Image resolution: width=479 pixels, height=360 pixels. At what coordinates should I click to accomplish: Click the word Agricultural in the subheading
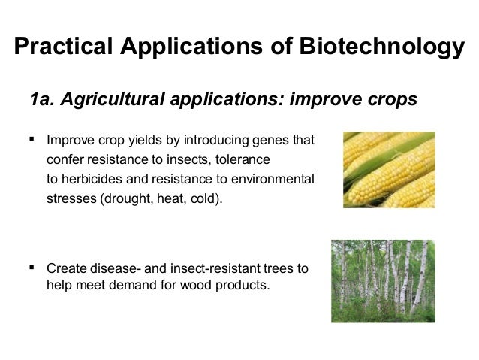pyautogui.click(x=110, y=100)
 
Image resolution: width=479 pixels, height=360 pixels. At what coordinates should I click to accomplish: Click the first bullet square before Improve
pyautogui.click(x=32, y=139)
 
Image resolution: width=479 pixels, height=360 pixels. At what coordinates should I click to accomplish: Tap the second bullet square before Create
pyautogui.click(x=32, y=266)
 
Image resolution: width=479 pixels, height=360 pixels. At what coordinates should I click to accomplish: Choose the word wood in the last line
pyautogui.click(x=194, y=285)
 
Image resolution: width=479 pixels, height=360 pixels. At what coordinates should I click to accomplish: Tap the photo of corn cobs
pyautogui.click(x=388, y=170)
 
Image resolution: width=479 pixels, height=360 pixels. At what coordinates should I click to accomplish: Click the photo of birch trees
pyautogui.click(x=383, y=280)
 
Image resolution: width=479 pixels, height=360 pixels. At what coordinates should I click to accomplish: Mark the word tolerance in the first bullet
pyautogui.click(x=243, y=160)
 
